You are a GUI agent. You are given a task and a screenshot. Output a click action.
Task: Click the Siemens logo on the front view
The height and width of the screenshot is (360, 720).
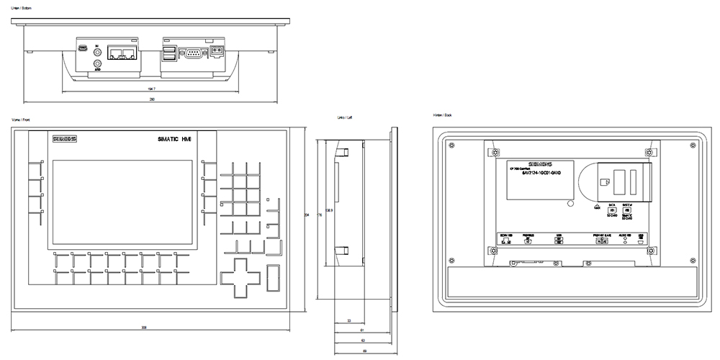(63, 139)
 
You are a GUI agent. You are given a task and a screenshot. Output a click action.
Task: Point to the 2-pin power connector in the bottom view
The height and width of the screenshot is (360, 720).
(217, 53)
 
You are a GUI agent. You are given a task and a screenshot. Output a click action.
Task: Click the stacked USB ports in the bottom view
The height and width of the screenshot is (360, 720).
(170, 54)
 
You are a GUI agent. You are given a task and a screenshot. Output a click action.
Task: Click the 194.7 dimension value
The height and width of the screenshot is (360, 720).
(150, 89)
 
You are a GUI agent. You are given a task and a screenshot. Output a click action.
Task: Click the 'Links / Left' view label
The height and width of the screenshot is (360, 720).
(344, 117)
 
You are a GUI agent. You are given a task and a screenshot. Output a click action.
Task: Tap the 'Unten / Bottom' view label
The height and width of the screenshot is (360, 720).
(24, 8)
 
